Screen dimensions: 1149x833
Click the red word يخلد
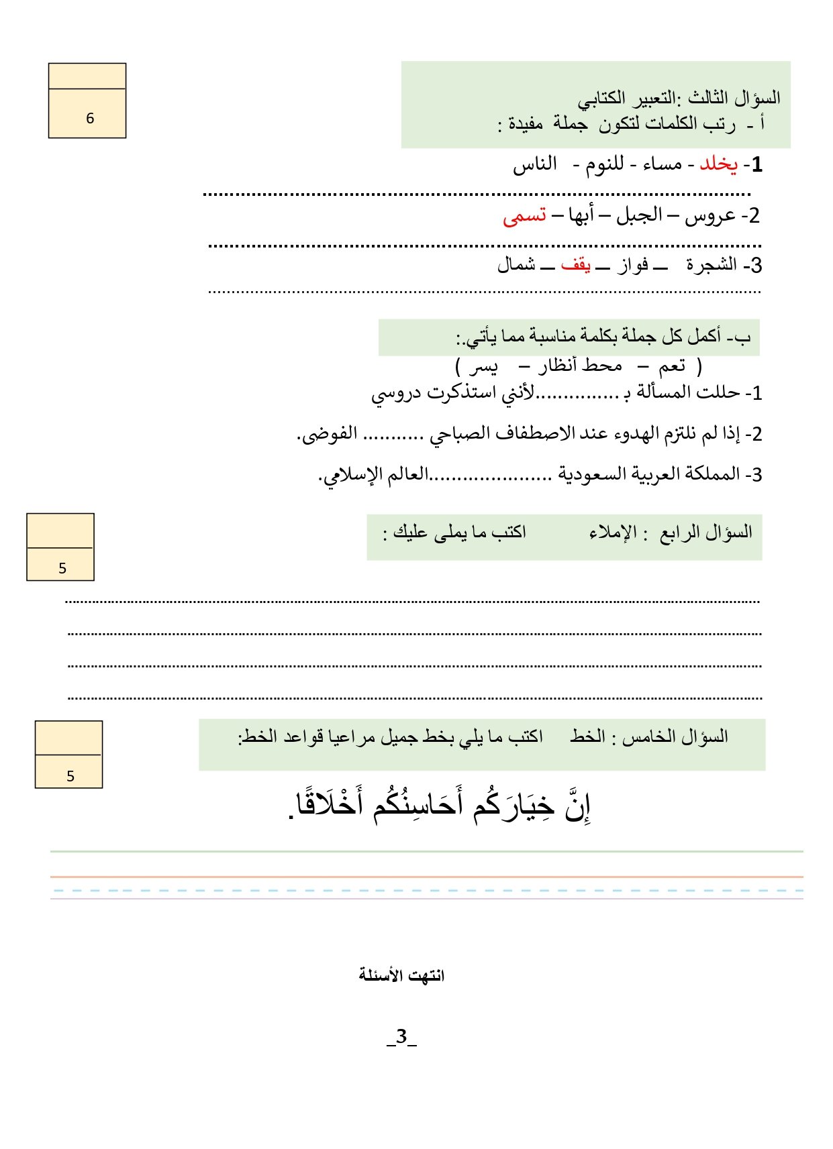(x=718, y=164)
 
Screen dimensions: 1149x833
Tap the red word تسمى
(x=524, y=216)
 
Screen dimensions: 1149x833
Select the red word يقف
(x=576, y=265)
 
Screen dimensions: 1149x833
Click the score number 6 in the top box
(x=90, y=119)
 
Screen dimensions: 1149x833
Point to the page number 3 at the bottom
(x=402, y=1036)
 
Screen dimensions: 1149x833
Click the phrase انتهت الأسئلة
(x=401, y=975)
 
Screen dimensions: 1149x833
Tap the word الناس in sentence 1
(x=535, y=164)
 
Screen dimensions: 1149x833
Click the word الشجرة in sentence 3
(x=712, y=265)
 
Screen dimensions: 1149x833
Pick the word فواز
(x=632, y=265)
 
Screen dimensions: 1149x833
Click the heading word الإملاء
(x=613, y=533)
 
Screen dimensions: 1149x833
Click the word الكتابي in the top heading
(x=607, y=99)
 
